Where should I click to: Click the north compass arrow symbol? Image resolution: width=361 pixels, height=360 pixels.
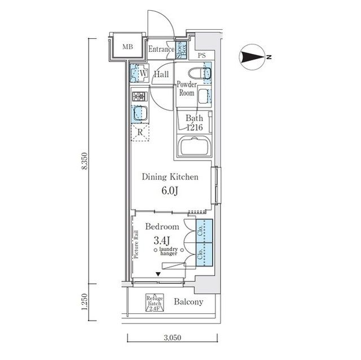(x=251, y=57)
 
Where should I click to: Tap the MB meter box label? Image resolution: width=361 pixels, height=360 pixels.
(x=127, y=47)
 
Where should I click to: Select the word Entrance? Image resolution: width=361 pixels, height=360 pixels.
(x=161, y=49)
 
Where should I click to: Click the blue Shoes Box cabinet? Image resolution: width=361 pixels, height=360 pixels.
(x=182, y=50)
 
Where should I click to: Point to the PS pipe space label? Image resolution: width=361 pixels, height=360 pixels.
(x=202, y=55)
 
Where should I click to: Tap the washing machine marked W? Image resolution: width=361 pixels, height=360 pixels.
(x=139, y=73)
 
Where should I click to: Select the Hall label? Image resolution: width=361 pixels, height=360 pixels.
(x=161, y=74)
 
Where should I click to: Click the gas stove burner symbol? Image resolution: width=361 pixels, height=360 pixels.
(x=140, y=96)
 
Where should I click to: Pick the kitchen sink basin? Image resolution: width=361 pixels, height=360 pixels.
(x=140, y=113)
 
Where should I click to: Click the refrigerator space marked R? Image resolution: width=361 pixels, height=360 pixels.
(x=140, y=132)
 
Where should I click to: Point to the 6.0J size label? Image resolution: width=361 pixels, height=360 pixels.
(x=170, y=190)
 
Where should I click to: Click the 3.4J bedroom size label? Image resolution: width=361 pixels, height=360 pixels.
(x=162, y=241)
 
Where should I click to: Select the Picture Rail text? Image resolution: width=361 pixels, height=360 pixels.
(x=136, y=245)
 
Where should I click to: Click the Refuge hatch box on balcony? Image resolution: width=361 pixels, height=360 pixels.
(x=155, y=303)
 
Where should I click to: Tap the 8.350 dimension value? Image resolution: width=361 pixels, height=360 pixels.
(x=85, y=161)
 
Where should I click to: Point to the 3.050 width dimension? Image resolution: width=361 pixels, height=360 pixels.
(x=173, y=337)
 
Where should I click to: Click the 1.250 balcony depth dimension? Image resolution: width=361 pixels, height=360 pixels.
(x=85, y=301)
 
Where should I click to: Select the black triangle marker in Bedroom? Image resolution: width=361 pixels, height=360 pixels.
(x=158, y=274)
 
